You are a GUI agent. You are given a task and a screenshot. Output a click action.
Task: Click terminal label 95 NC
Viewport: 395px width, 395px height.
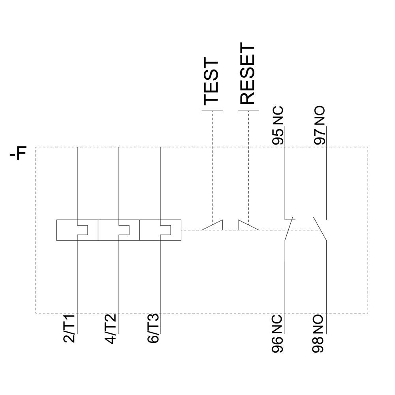[278, 126]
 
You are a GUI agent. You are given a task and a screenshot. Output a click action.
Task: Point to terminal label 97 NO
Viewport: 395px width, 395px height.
[320, 126]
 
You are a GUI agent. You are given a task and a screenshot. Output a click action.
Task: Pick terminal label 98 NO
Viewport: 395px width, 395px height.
[319, 334]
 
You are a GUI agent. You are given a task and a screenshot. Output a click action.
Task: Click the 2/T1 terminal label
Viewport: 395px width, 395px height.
[71, 328]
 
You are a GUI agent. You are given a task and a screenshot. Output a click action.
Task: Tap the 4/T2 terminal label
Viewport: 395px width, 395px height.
[112, 328]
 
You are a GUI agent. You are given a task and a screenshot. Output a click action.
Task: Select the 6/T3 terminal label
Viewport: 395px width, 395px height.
[153, 328]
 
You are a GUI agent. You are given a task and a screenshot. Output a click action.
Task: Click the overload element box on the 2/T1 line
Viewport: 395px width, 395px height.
[77, 230]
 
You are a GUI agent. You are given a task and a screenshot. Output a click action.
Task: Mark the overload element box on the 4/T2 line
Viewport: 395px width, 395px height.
[118, 230]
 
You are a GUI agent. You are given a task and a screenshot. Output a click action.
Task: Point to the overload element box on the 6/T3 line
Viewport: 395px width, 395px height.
[160, 230]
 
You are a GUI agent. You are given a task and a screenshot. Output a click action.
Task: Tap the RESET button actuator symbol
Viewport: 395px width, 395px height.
[248, 225]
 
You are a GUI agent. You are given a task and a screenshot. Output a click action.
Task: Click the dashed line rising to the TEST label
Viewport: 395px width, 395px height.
[213, 166]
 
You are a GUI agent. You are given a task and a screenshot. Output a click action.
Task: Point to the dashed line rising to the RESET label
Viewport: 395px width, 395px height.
[248, 166]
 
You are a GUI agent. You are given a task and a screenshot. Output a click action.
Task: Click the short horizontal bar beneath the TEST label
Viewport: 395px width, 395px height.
[213, 111]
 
